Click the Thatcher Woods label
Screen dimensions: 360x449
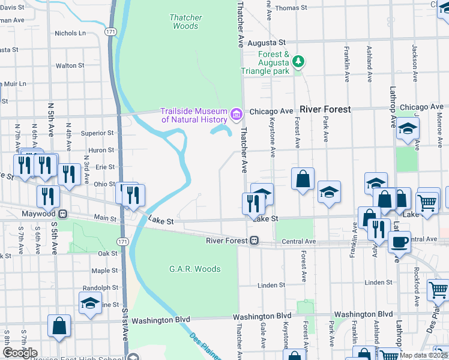pos(185,22)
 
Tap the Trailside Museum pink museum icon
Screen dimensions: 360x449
pos(236,113)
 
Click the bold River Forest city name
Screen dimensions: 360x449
pos(325,110)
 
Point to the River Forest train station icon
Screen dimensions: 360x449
pos(255,241)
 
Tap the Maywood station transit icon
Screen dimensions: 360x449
pos(62,214)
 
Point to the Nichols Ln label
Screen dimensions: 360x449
pos(70,34)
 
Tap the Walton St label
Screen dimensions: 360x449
pos(70,65)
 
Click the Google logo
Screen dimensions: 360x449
pos(20,353)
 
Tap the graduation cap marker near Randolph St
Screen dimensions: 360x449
pos(90,303)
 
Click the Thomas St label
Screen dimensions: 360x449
pos(291,8)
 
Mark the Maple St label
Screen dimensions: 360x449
pos(105,271)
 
